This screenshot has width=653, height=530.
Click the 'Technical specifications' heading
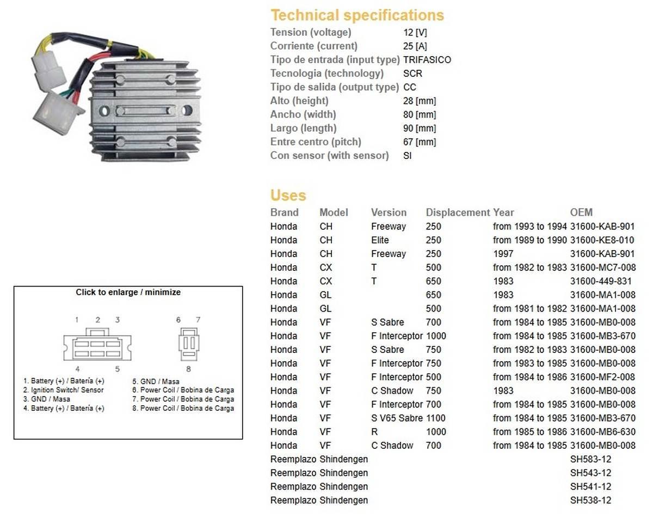point(357,15)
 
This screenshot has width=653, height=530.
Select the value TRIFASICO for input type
point(427,60)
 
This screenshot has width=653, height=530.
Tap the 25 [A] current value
point(415,46)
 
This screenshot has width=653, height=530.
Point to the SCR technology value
point(412,74)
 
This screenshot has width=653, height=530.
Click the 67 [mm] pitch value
point(420,142)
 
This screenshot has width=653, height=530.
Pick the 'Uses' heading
point(288,195)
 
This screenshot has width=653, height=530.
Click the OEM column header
point(581,212)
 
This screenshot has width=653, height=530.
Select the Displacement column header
point(458,212)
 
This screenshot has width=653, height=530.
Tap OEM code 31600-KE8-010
point(602,240)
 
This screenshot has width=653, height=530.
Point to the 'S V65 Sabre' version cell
point(397,418)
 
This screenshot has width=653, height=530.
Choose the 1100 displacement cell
point(435,418)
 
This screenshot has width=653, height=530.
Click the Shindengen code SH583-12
point(590,459)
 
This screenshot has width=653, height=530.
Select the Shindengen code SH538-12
point(590,500)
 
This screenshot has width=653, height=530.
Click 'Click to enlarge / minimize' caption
point(128,293)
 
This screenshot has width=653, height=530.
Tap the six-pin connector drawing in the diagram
point(97,345)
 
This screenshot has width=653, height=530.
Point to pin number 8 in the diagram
point(188,368)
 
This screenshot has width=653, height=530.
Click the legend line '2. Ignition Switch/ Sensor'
point(63,390)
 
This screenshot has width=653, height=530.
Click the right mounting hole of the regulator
point(187,111)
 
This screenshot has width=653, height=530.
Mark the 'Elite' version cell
point(380,240)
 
